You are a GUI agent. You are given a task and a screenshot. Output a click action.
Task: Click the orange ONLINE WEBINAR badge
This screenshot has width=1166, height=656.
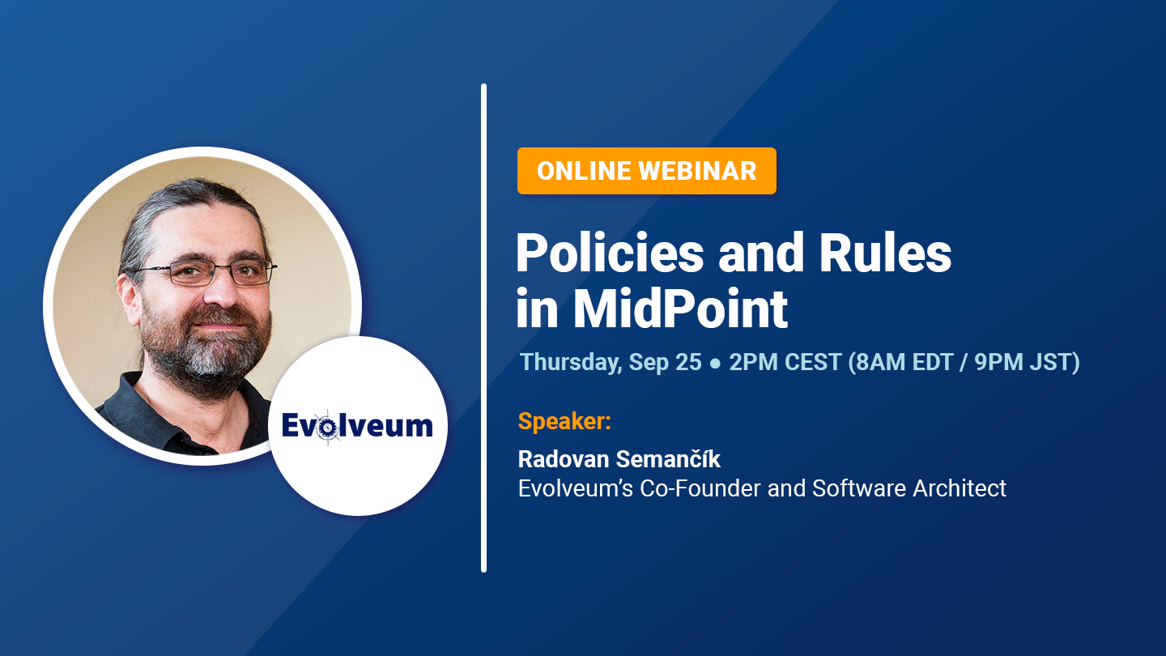tap(646, 171)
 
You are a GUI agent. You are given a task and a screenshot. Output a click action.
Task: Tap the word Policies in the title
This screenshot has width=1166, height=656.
tap(610, 253)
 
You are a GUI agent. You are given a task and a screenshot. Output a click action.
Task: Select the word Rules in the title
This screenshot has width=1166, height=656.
tap(885, 253)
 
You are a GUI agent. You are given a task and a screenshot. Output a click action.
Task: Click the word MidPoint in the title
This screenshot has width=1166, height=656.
tap(680, 309)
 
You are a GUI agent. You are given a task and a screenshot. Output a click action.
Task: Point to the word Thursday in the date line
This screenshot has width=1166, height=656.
tap(571, 363)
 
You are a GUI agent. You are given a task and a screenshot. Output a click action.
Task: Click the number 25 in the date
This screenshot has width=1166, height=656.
tap(688, 362)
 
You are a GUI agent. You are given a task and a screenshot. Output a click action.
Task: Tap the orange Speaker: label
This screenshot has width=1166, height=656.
tap(564, 421)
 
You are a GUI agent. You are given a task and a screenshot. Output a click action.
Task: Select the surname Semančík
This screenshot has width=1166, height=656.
tap(668, 458)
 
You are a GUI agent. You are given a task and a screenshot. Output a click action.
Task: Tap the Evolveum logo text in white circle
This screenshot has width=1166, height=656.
tap(357, 426)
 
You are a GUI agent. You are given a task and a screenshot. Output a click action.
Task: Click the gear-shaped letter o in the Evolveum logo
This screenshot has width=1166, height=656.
tap(328, 428)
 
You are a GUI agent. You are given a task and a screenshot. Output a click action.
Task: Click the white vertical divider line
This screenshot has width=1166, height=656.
tap(483, 328)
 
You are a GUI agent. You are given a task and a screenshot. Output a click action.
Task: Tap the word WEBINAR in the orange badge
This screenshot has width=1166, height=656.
tap(697, 171)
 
